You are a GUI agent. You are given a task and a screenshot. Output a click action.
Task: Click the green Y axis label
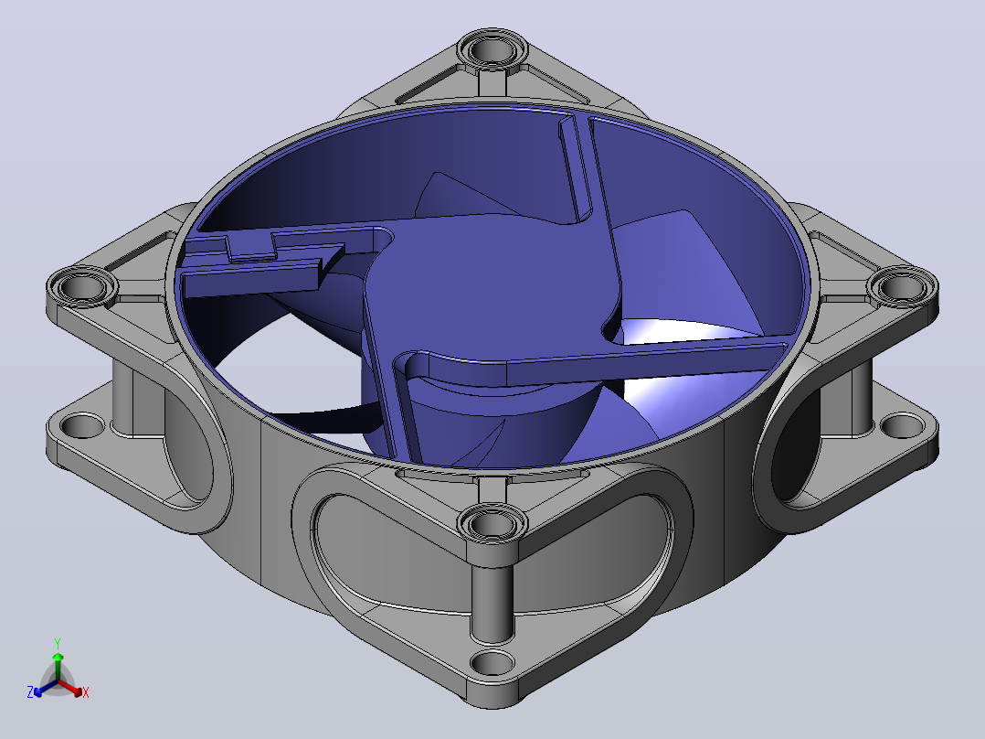(x=58, y=643)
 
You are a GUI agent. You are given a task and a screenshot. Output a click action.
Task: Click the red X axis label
(x=86, y=692)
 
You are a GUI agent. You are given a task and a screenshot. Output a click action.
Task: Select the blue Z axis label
(x=30, y=691)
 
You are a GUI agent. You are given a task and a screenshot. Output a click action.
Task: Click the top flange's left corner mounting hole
(x=82, y=288)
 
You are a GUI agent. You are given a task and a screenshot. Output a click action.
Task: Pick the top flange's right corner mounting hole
(x=902, y=288)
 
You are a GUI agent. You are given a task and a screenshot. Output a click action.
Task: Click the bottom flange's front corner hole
(x=492, y=662)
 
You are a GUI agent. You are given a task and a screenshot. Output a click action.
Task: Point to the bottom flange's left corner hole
(x=82, y=425)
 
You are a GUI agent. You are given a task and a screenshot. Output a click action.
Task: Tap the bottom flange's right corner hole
(x=902, y=425)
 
